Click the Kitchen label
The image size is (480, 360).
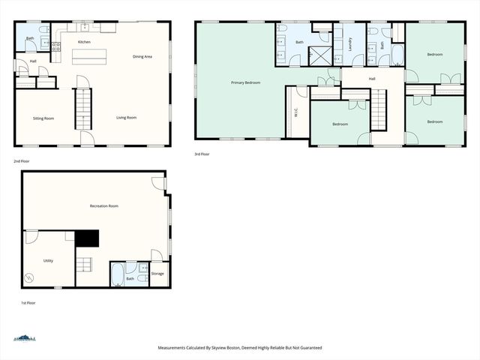tap(85, 42)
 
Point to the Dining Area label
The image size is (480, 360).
tap(142, 57)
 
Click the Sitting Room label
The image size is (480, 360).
tap(43, 118)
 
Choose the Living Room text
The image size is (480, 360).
tap(126, 118)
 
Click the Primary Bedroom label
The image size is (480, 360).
tap(245, 82)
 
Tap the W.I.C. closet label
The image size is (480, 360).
tap(296, 113)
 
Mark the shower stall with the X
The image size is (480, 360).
tap(319, 56)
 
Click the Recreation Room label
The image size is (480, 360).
tap(103, 205)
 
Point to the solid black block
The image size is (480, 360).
tap(88, 238)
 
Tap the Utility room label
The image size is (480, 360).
tap(48, 260)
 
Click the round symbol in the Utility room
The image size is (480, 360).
tap(29, 277)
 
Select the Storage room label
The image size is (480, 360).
tap(157, 274)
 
